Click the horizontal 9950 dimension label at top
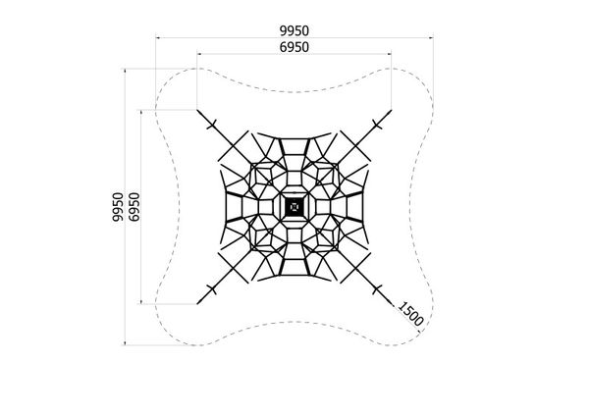pos(294,30)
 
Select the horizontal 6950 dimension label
pos(294,47)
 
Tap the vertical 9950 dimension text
pos(118,207)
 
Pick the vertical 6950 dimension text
pos(134,207)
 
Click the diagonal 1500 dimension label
pos(410,314)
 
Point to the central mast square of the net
pos(294,207)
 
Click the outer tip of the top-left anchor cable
pos(197,110)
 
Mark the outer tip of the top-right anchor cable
pos(392,110)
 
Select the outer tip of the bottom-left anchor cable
pos(197,303)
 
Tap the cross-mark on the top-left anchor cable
pos(212,125)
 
